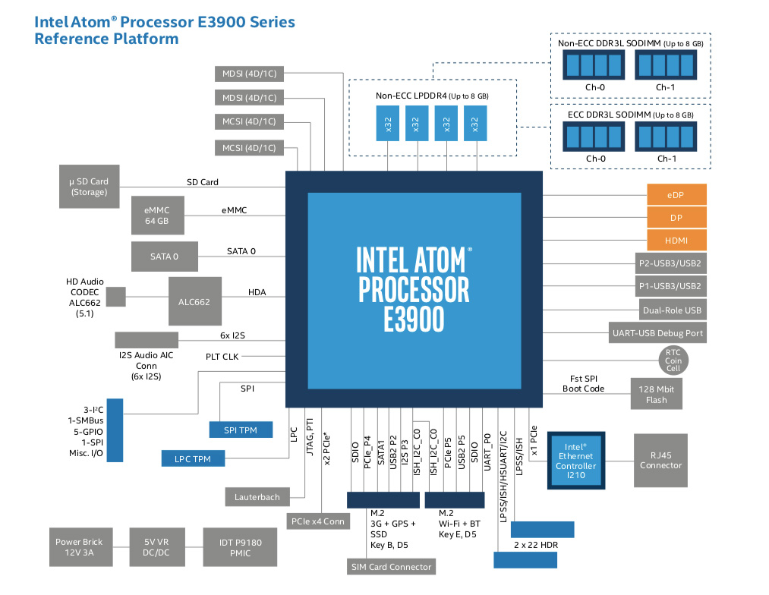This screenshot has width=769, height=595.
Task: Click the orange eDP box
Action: click(676, 195)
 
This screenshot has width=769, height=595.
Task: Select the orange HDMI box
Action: click(676, 241)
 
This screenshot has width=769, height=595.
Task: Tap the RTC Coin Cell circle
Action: click(673, 360)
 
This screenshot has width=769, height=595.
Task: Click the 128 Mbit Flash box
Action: click(657, 394)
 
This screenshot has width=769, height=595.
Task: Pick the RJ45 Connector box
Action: click(660, 461)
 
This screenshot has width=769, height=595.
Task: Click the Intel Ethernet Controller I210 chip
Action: click(576, 460)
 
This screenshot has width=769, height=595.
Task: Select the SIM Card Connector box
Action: click(391, 567)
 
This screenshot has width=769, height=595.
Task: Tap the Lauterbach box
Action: click(257, 497)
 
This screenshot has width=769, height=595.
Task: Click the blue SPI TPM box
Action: click(240, 430)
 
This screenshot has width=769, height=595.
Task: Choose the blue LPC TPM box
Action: click(192, 458)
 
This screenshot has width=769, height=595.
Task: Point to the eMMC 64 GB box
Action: click(156, 214)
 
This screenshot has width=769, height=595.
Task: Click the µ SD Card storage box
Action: click(90, 187)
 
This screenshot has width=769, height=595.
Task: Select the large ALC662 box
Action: click(194, 301)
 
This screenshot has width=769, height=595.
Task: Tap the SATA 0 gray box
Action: click(164, 256)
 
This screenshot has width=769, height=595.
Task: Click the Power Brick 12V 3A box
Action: click(78, 547)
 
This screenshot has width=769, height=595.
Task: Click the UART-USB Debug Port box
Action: click(657, 332)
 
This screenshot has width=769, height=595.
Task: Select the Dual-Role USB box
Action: click(672, 310)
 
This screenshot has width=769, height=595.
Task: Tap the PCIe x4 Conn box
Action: click(317, 521)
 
